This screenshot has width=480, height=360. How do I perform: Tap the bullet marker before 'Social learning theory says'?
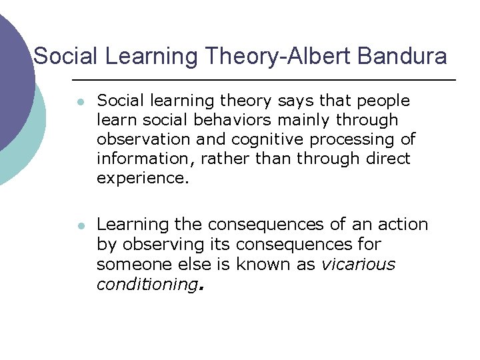pyautogui.click(x=79, y=102)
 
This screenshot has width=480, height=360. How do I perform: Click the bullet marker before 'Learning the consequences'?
pyautogui.click(x=79, y=226)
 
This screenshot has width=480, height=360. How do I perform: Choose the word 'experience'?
pyautogui.click(x=140, y=178)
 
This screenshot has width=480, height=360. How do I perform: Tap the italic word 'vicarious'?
pyautogui.click(x=358, y=264)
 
